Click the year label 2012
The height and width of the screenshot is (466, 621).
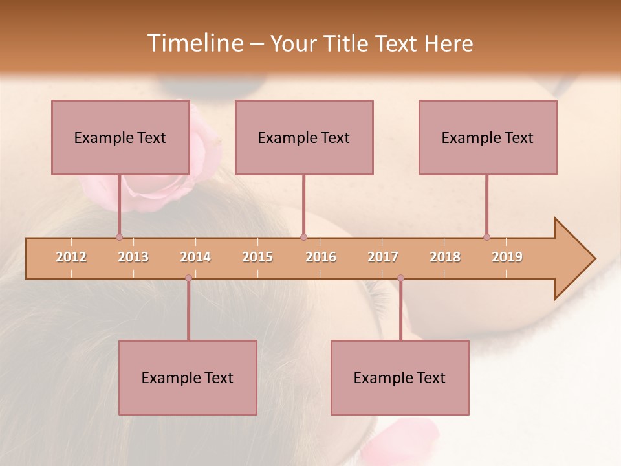[71, 257]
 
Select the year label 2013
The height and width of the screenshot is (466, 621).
[133, 257]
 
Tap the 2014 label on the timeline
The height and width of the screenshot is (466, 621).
[195, 257]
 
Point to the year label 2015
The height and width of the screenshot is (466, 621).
[257, 257]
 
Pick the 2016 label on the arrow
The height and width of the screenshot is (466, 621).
[321, 257]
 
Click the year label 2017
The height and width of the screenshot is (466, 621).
[383, 257]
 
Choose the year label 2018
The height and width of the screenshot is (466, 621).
[445, 257]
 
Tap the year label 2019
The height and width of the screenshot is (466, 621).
[507, 257]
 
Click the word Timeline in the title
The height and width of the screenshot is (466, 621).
[194, 43]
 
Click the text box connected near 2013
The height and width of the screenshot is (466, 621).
[120, 138]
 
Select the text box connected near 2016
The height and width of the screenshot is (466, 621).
[304, 138]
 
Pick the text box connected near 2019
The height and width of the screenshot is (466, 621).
[488, 138]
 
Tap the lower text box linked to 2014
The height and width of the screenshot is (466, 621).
[188, 378]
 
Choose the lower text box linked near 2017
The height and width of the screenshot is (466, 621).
[400, 378]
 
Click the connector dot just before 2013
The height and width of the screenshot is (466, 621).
[119, 237]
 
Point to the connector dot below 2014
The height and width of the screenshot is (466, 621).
[188, 278]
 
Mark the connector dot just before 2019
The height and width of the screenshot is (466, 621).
[486, 237]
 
